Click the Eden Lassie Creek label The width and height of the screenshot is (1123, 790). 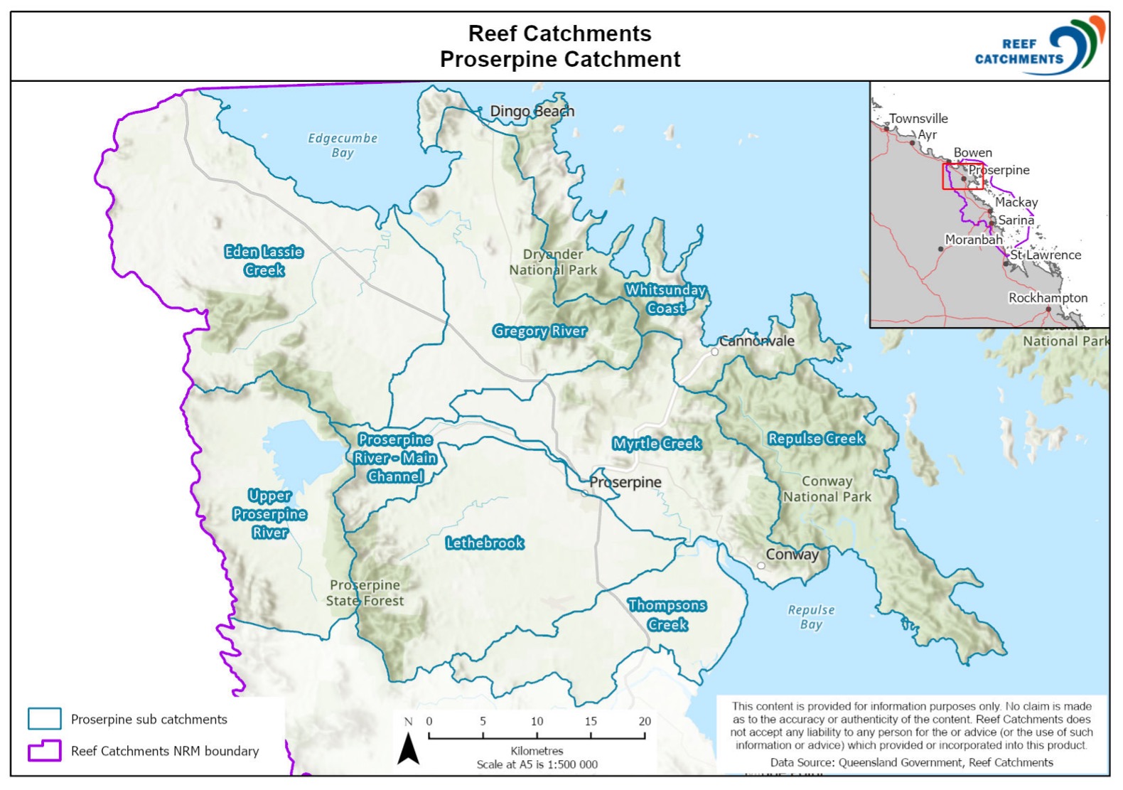point(264,261)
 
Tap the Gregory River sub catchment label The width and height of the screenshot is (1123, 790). point(539,331)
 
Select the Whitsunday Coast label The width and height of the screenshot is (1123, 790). point(665,299)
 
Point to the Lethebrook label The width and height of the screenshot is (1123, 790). point(485,543)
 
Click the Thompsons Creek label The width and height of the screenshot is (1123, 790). point(667,615)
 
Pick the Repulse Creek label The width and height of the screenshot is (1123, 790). point(816,439)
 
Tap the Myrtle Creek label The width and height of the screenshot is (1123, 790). point(657,444)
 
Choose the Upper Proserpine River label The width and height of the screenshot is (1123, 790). point(269,514)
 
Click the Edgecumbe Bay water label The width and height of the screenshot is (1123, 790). point(343,145)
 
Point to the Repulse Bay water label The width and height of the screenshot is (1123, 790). point(811,617)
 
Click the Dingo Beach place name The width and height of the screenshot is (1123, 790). point(532,111)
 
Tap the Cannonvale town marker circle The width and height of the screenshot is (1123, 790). point(715,351)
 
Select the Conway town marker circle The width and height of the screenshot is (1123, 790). point(761,566)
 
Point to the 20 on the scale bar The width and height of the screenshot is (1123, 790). point(645,721)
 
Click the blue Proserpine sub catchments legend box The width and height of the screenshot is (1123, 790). point(44,719)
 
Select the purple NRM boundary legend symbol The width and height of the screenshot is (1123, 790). point(44,750)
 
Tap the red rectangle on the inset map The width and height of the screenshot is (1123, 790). point(963,176)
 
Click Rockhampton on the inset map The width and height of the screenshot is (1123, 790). point(1048,298)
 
